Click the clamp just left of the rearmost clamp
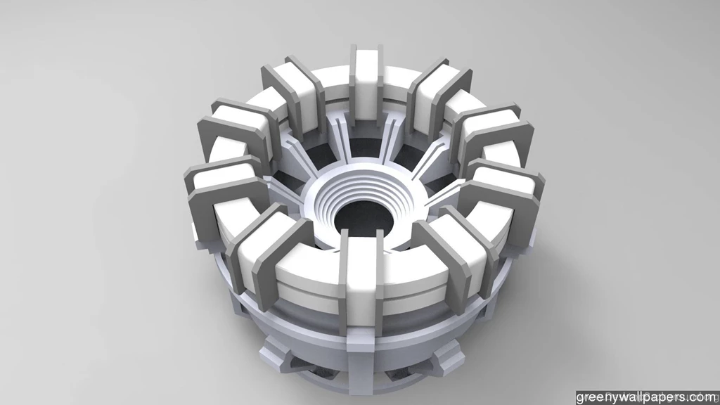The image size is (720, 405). click(292, 95)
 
